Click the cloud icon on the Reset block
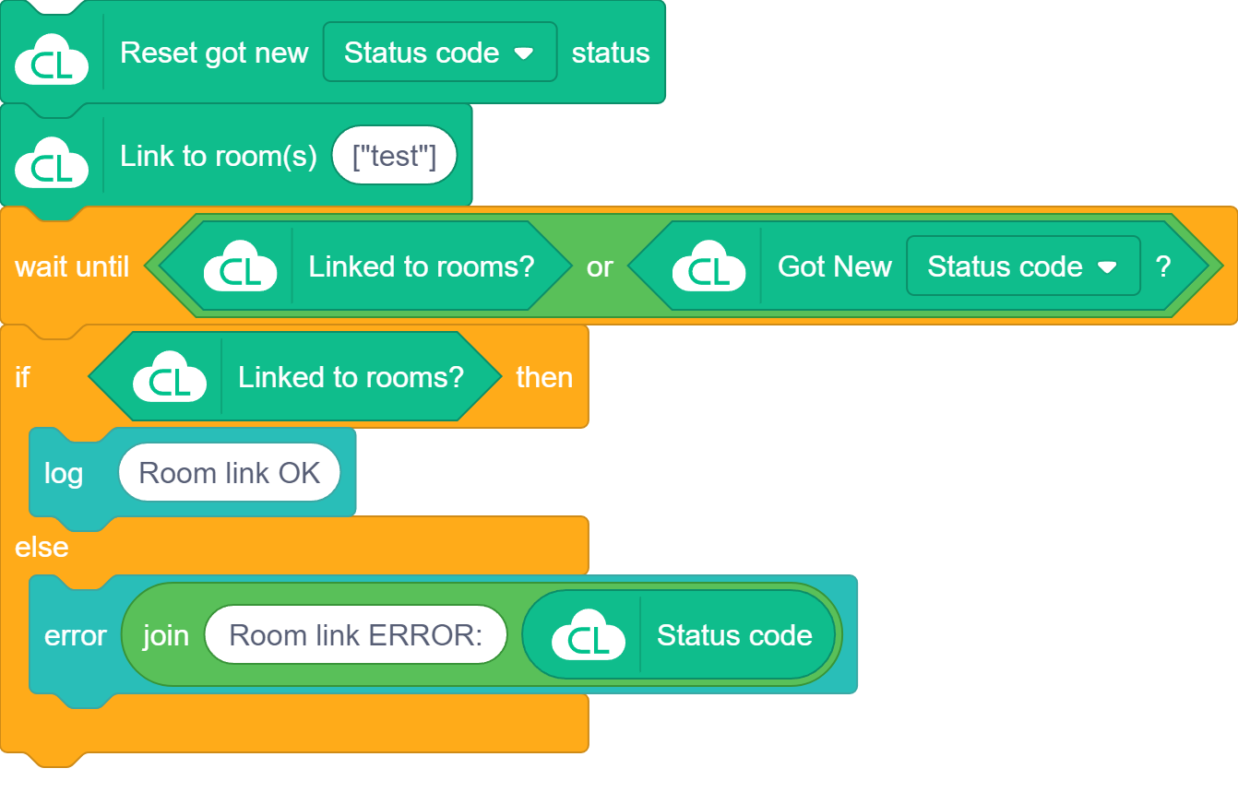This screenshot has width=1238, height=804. coord(52,61)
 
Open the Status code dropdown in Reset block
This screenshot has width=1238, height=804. coord(439,53)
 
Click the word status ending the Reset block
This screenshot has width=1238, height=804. coord(610,53)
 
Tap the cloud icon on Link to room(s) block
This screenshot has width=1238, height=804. coord(52,163)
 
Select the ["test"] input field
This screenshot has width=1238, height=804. coord(394,156)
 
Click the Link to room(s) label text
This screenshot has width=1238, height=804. coord(218,156)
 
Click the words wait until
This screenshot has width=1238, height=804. coord(72,266)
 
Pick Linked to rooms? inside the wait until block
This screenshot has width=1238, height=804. coord(421,266)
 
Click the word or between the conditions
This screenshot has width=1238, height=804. coord(600,266)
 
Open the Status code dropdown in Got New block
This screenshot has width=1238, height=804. coord(1022,266)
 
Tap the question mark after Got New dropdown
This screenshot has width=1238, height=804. coord(1163,266)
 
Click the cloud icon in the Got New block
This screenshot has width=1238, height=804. coord(708,266)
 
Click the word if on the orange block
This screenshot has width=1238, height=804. coord(22,377)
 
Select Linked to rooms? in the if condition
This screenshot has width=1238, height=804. coord(351,377)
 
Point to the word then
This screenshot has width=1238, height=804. coord(544,377)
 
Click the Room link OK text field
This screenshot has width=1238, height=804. coord(229,473)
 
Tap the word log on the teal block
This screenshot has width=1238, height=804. coord(64,473)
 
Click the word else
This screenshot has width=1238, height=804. coord(42,547)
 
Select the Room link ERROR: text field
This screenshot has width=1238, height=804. coord(355,635)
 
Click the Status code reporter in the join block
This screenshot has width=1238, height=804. coord(734,635)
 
